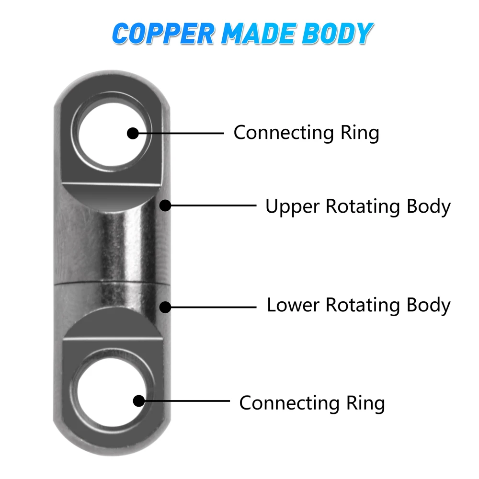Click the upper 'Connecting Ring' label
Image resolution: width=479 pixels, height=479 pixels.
[306, 133]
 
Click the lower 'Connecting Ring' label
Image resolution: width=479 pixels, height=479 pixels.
[312, 403]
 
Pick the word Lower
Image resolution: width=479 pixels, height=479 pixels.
[294, 305]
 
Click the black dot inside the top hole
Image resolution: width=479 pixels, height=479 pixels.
[133, 133]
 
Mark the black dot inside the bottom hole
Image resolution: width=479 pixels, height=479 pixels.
[139, 400]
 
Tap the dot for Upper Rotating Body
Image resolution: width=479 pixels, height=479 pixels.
[165, 205]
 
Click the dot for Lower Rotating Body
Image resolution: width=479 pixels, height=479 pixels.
[165, 307]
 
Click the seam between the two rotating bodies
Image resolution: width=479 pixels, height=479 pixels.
[110, 284]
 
